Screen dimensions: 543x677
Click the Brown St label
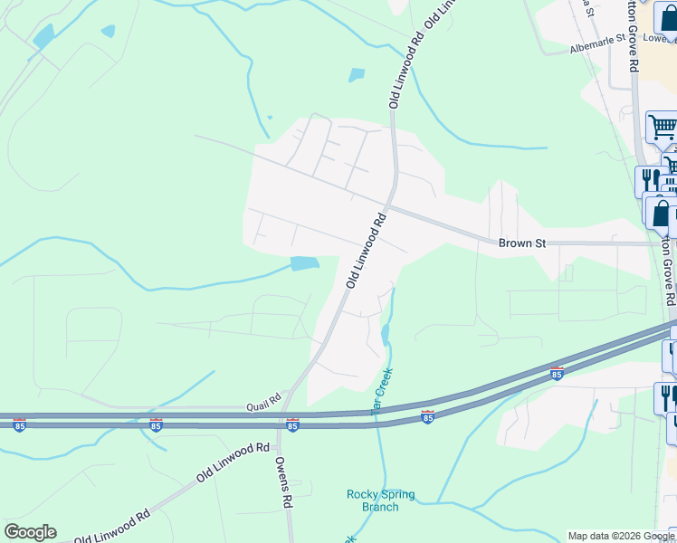pos(524,243)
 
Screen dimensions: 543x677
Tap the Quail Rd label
pos(263,407)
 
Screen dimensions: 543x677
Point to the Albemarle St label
pos(598,44)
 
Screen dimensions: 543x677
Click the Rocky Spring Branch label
pos(381,500)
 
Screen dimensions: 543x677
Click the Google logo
pos(30,532)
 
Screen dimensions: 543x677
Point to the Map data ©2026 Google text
pos(620,536)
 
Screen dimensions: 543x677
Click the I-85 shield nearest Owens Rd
pos(292,424)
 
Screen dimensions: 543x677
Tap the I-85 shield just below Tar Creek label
pos(428,416)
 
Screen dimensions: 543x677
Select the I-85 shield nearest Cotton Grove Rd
pos(556,373)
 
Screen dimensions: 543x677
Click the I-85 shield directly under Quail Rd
pos(157,424)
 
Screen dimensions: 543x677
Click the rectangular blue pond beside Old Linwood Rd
pos(305,263)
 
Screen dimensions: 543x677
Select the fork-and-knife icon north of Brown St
pos(649,180)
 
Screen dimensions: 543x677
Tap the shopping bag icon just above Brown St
pos(660,213)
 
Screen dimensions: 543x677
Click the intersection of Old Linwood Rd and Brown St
pos(391,207)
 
